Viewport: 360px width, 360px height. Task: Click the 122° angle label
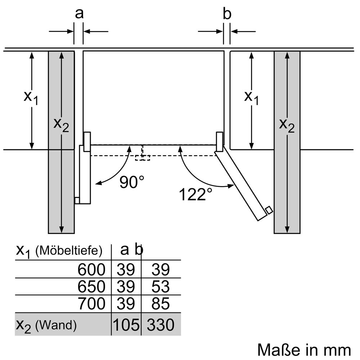pos(195,194)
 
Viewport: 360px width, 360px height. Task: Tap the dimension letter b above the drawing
pos(227,14)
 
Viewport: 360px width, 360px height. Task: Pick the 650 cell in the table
pos(91,287)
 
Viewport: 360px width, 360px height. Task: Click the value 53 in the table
pos(160,287)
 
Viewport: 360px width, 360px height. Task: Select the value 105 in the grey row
pos(126,325)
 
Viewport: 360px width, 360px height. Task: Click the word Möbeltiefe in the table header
pos(70,250)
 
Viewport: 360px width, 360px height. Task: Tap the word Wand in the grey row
pos(56,326)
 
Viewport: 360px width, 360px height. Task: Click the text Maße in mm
pos(304,349)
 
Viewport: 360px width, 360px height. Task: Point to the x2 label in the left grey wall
pos(61,125)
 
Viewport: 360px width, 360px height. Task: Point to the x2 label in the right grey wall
pos(287,126)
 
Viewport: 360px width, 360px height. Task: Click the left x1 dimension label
pos(31,98)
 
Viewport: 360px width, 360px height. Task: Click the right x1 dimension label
pos(251,98)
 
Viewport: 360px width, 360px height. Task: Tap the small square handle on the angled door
pos(269,210)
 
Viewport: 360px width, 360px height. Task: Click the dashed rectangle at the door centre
pos(143,157)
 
